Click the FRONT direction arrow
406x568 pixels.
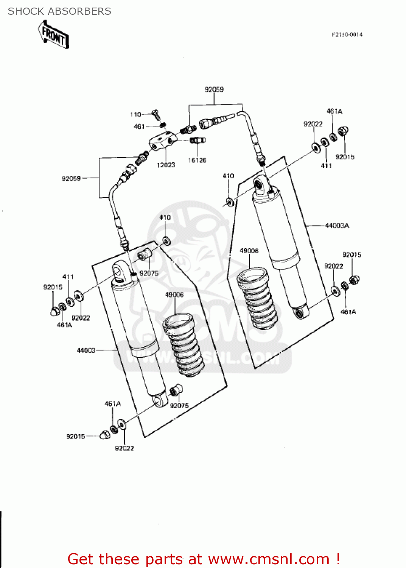53,34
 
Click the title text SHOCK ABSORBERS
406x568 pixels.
59,11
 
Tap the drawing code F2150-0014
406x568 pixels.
347,35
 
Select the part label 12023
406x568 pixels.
166,165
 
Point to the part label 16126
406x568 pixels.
197,161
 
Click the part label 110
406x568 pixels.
135,114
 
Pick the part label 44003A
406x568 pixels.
337,226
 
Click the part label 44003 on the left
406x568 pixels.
86,351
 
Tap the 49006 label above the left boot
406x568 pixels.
174,295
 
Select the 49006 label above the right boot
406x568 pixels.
249,251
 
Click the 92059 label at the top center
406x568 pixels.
214,89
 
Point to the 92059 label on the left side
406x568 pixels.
71,179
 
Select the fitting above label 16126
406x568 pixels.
197,140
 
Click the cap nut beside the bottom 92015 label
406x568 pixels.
104,435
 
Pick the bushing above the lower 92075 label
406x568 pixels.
176,390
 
